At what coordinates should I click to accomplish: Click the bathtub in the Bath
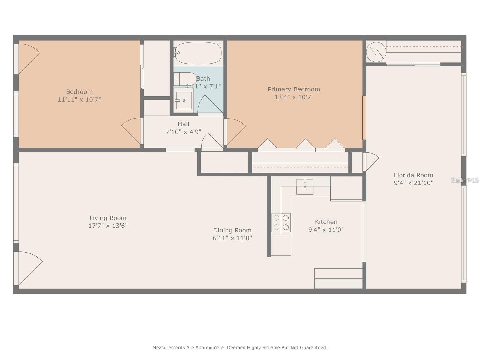coord(198,53)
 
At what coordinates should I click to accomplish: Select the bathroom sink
coord(184,100)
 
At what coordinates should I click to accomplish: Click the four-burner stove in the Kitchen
coord(281,223)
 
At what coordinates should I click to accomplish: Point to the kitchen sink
coord(305,187)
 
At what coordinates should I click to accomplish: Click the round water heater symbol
coord(376,52)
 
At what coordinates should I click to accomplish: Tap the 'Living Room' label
coord(108,218)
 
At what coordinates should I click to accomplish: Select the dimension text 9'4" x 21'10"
coord(413,183)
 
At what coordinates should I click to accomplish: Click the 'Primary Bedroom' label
coord(294,89)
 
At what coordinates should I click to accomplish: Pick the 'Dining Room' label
coord(232,230)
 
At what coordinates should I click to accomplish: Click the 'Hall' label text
coord(183,124)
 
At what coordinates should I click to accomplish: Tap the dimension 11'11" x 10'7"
coord(79,99)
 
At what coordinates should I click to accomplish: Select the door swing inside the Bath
coord(209,105)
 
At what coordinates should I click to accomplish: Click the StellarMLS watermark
coord(465,180)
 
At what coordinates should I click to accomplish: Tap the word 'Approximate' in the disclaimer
coord(210,348)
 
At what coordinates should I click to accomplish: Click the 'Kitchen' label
coord(326,222)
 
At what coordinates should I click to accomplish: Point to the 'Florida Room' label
coord(413,175)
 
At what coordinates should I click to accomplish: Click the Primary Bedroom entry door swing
coord(235,130)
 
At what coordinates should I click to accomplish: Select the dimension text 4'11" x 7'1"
coord(203,86)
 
